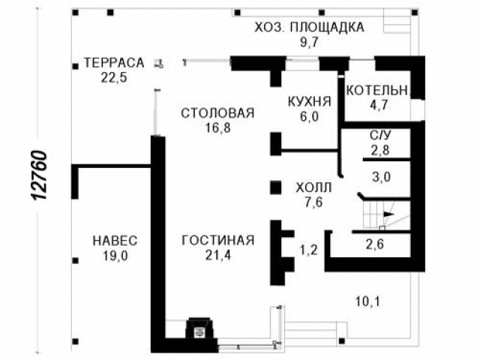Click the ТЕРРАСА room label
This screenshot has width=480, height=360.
coord(114,63)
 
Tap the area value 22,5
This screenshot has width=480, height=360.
coord(114,78)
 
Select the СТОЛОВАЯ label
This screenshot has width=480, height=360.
coord(217,113)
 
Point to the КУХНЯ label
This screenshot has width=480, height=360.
coord(310,102)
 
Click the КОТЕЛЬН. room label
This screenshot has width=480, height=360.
coord(378,91)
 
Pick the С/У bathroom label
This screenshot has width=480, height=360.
coord(380,135)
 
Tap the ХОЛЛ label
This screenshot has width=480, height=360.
coord(313,187)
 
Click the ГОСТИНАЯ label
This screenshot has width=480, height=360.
coord(218,240)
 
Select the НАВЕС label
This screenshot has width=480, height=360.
coord(115,241)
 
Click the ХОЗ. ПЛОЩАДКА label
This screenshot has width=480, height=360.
coord(310,27)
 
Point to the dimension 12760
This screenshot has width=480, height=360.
coord(40,175)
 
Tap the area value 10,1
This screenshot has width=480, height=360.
coord(367,301)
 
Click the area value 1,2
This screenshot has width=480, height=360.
coord(308,250)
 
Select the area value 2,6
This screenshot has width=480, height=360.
coord(375,244)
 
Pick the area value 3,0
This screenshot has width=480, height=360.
coord(382,177)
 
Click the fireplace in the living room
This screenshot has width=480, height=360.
coord(199,328)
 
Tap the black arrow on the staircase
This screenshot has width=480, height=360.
coord(389,214)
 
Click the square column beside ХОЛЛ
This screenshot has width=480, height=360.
coord(275,187)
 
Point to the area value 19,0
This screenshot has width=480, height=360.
coord(115,256)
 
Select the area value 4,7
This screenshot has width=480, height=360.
coord(379,105)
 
